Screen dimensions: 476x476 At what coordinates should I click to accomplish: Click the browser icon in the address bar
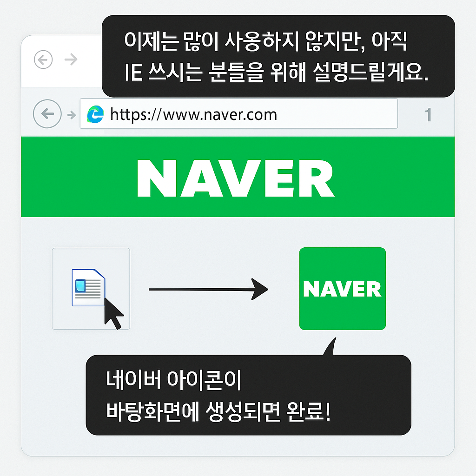click(96, 114)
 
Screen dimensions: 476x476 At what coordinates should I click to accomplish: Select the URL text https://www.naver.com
click(193, 114)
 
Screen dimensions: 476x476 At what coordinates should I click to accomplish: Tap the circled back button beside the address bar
click(47, 113)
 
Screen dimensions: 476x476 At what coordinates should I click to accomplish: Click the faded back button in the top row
click(43, 59)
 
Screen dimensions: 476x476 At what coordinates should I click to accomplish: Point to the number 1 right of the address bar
click(429, 115)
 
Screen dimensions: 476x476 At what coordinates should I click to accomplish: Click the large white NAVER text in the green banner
click(236, 177)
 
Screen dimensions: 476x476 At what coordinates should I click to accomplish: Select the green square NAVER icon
click(342, 289)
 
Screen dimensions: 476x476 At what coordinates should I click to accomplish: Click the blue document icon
click(88, 287)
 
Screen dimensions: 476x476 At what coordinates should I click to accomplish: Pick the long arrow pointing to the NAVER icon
click(208, 289)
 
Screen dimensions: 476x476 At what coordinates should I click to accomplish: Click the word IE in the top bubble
click(133, 74)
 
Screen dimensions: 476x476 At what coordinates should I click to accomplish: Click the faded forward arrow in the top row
click(71, 59)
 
